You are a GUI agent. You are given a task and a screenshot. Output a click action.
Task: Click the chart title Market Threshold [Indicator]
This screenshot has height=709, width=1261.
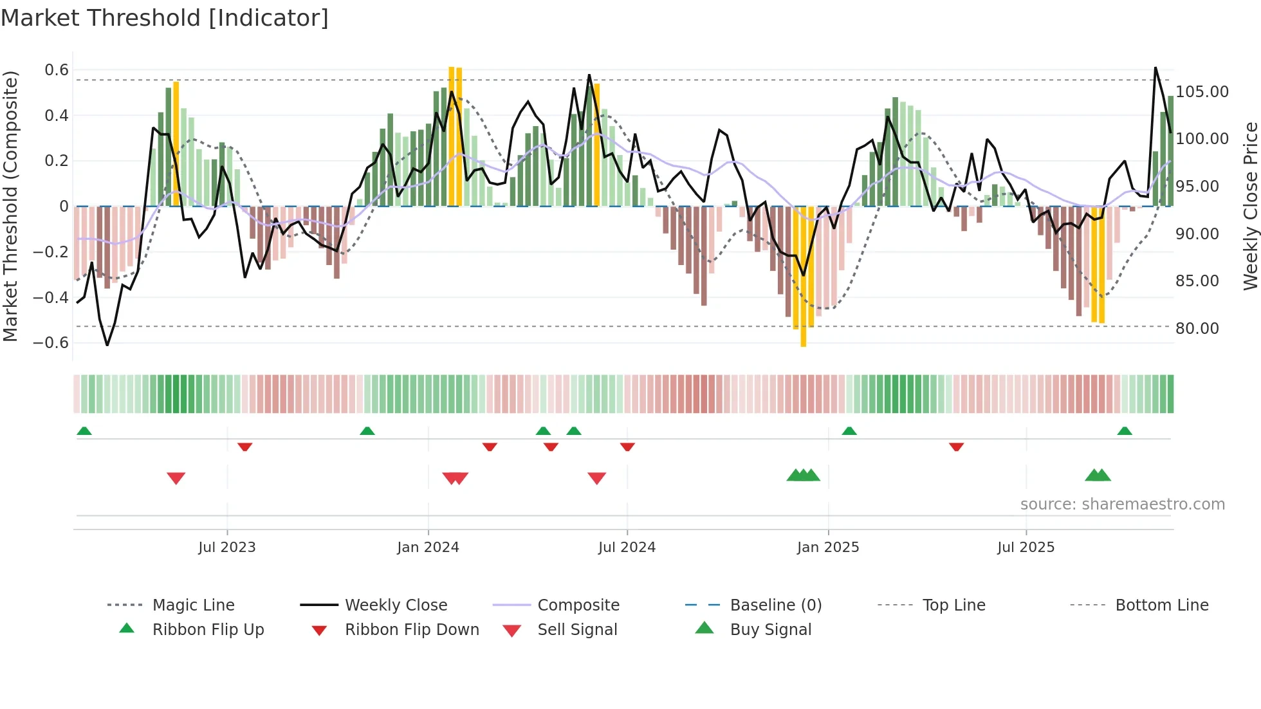pos(165,18)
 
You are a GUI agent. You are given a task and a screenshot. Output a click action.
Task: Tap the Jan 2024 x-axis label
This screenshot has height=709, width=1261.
pos(428,547)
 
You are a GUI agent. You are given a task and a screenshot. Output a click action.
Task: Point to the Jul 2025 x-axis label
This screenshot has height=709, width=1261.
pos(1026,547)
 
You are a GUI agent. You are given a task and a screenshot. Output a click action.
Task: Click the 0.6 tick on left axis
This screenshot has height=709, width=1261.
pos(57,70)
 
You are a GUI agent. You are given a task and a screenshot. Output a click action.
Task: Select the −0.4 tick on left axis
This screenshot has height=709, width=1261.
pos(51,297)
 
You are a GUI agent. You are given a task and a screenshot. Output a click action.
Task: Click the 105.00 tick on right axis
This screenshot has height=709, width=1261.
pos(1202,92)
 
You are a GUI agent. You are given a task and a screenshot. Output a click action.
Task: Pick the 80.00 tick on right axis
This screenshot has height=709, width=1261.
pos(1197,329)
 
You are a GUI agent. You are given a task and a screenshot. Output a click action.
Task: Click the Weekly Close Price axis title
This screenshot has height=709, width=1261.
pos(1250,206)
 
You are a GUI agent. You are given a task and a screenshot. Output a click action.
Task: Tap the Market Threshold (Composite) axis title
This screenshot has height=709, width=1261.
pos(10,206)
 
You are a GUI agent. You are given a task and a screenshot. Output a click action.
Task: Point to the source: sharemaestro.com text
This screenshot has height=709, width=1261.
pos(1122,504)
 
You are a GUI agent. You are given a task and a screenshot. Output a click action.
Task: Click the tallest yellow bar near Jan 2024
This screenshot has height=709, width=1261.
pos(452,135)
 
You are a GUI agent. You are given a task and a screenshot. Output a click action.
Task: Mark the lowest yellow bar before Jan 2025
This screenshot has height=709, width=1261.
pos(803,277)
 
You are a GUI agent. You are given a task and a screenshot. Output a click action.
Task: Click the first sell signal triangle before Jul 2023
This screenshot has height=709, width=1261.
pos(176,478)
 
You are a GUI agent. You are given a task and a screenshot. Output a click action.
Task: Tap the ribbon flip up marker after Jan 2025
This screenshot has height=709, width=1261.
pos(849,430)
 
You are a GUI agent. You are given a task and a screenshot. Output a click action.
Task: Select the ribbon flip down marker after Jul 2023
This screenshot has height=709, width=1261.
pos(244,447)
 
